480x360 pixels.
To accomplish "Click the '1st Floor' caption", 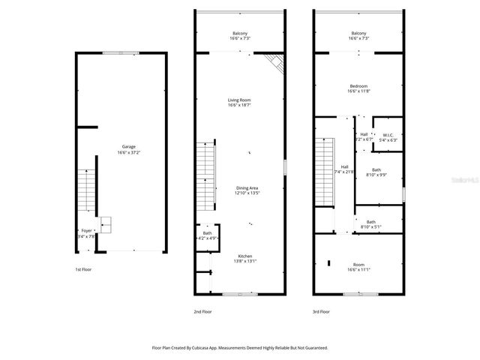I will pyautogui.click(x=84, y=269).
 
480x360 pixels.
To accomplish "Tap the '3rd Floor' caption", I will pyautogui.click(x=322, y=310).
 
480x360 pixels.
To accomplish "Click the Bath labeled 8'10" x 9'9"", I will pyautogui.click(x=376, y=172).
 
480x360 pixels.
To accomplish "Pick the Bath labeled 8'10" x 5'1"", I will pyautogui.click(x=371, y=224).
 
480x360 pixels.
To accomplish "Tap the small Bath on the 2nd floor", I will pyautogui.click(x=207, y=236).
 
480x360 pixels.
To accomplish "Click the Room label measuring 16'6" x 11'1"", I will pyautogui.click(x=358, y=266).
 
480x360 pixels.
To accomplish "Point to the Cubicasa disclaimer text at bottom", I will pyautogui.click(x=240, y=348).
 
